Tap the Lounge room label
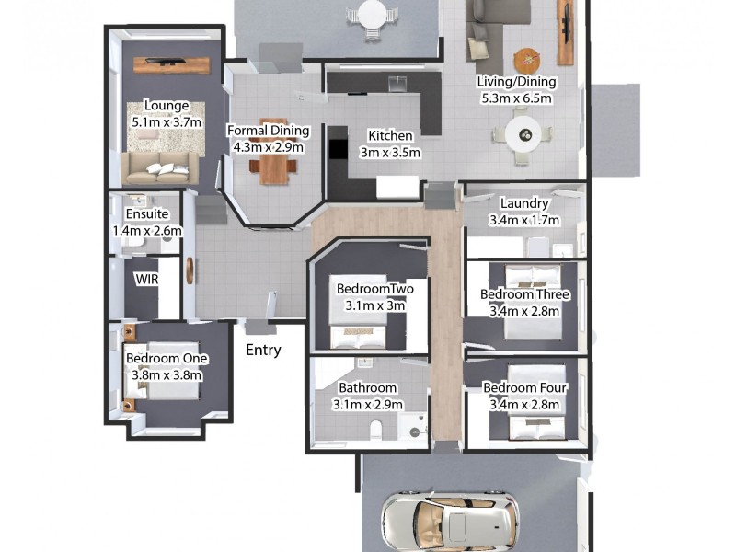pos(166,106)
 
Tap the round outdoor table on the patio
pos(373,15)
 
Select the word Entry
pos(263,350)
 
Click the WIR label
pos(146,279)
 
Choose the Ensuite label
pos(147,214)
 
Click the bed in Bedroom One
pos(170,387)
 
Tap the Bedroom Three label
pos(525,294)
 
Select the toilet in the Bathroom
pos(375,430)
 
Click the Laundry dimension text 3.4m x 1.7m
pos(524,220)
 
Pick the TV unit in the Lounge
pos(174,64)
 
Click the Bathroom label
pos(368,388)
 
